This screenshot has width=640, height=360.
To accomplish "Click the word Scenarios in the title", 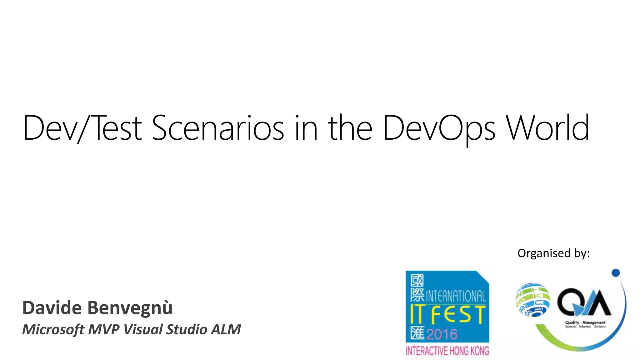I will (x=218, y=128).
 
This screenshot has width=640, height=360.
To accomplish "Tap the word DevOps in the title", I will (x=439, y=128).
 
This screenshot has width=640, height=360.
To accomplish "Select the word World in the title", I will (x=547, y=128).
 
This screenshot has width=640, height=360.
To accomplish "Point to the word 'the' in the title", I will (x=350, y=128).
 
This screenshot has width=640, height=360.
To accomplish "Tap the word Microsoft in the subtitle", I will (x=53, y=329).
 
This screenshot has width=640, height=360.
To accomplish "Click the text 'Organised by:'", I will (x=553, y=253).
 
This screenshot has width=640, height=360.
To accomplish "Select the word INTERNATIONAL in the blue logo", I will (x=456, y=296).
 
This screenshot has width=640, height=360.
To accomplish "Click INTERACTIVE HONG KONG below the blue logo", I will (x=447, y=351).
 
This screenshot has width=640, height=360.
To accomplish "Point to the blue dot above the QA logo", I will (x=615, y=273).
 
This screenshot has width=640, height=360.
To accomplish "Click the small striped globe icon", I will (x=532, y=300).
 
